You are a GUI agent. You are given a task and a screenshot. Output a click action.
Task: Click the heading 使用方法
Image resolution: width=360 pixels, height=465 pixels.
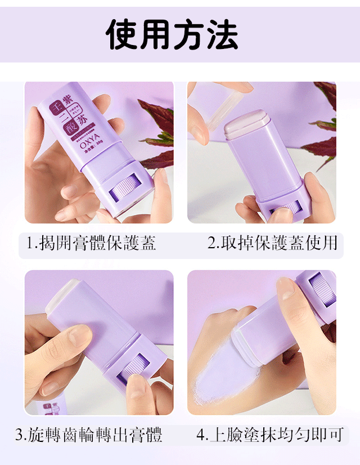click(172, 35)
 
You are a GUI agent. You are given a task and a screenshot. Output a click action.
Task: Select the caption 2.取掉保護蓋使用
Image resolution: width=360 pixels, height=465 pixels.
click(273, 243)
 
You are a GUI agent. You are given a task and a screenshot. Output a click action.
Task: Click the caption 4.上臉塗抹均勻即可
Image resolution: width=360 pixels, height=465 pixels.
click(270, 435)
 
